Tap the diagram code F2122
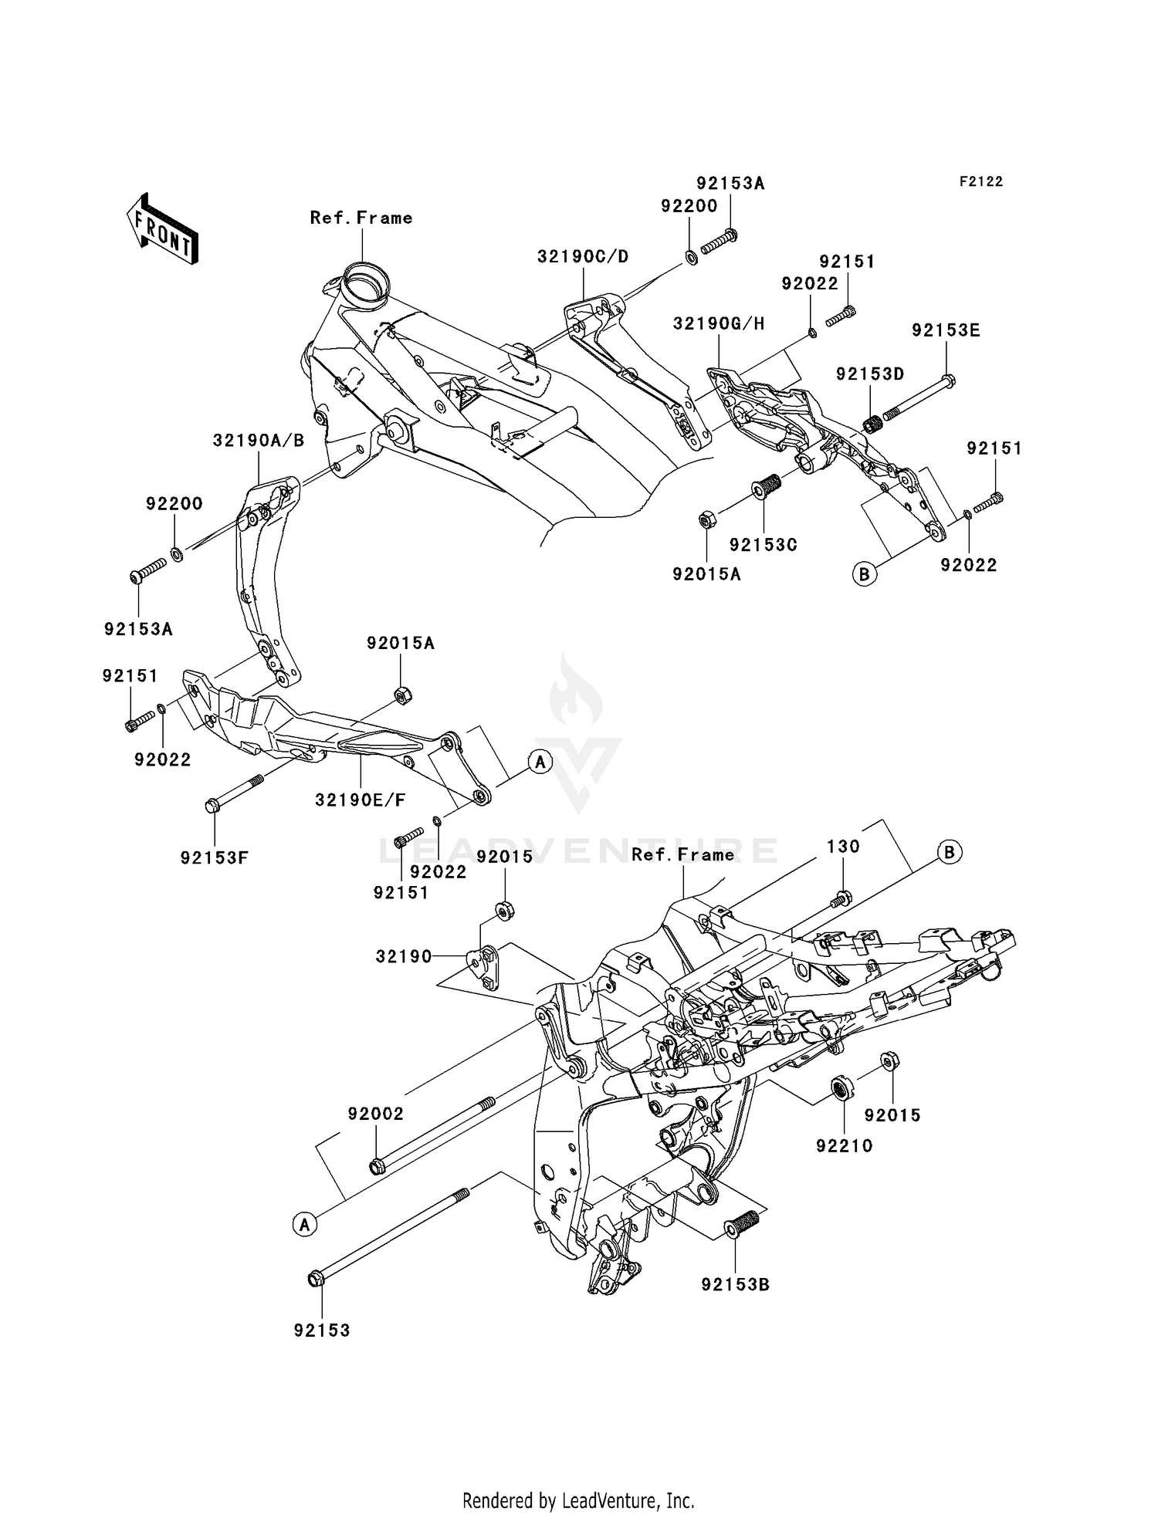click(x=981, y=181)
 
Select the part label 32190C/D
click(x=583, y=256)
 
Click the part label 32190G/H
click(x=719, y=323)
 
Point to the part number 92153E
click(x=946, y=330)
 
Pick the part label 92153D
click(x=870, y=374)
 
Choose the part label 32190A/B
click(x=259, y=441)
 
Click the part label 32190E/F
click(x=360, y=800)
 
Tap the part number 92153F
click(x=215, y=857)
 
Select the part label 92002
click(x=376, y=1114)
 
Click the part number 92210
click(x=845, y=1146)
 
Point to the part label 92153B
click(x=736, y=1285)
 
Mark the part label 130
click(x=843, y=847)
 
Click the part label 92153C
click(x=764, y=545)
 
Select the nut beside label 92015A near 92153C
click(x=706, y=519)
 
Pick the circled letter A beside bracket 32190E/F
click(x=540, y=763)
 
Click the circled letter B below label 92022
click(x=865, y=574)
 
